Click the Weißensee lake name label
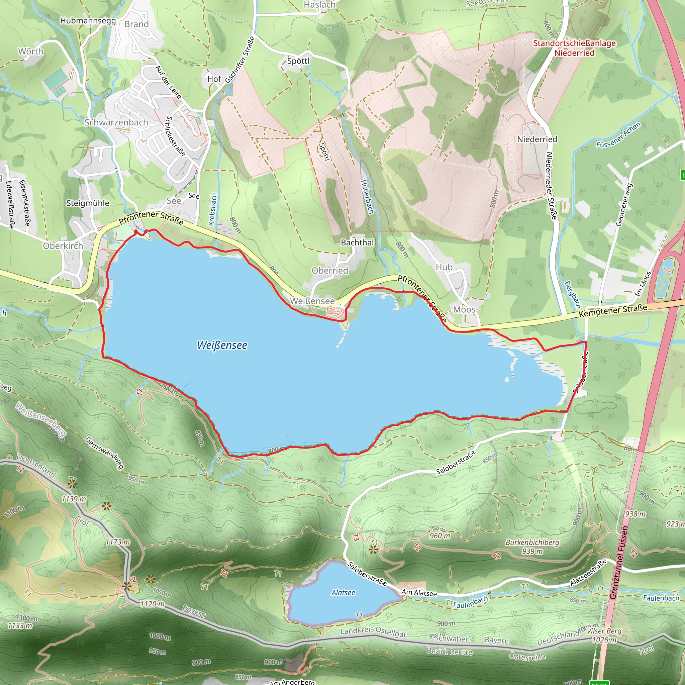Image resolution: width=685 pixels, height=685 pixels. click(222, 345)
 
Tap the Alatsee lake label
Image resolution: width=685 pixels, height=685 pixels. click(343, 592)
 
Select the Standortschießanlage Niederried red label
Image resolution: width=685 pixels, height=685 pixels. click(574, 48)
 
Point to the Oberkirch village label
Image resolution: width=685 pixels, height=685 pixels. click(63, 246)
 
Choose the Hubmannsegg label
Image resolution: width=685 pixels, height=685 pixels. click(88, 20)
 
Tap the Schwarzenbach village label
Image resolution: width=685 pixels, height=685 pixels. click(116, 122)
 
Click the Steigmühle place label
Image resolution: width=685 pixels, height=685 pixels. click(88, 203)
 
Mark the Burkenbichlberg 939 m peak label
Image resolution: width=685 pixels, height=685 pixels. click(532, 547)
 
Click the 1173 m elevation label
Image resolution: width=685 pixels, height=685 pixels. click(118, 542)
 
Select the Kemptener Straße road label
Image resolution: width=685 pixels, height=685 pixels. click(613, 311)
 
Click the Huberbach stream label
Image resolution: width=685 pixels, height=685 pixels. click(367, 197)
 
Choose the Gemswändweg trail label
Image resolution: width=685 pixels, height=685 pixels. click(105, 453)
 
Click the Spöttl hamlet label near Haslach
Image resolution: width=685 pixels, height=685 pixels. click(298, 61)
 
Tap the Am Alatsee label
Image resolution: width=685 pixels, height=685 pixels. click(419, 593)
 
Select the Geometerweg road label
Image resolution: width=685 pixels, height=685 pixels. click(624, 205)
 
